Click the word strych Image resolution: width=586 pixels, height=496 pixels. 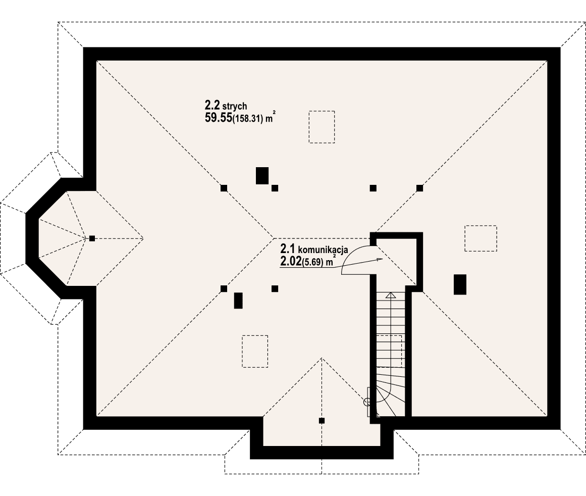[x=234, y=106]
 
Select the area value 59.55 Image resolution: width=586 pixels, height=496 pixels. [x=218, y=118]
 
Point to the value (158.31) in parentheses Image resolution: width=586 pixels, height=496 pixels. [x=248, y=119]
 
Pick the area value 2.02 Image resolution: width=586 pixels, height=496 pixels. [x=290, y=261]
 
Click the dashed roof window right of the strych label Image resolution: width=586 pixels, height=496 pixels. [x=322, y=126]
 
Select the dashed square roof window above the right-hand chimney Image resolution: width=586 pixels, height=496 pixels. [x=481, y=238]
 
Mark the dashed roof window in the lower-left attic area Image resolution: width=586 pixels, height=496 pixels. [x=255, y=351]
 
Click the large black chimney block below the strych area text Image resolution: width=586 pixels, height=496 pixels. [x=262, y=175]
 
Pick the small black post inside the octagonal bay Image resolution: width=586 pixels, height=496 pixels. [x=92, y=238]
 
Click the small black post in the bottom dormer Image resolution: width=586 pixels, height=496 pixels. [x=322, y=420]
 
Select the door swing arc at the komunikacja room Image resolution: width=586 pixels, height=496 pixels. [x=353, y=258]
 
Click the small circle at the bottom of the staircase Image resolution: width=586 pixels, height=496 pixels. [x=367, y=402]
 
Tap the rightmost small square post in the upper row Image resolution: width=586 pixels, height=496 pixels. [x=419, y=188]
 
